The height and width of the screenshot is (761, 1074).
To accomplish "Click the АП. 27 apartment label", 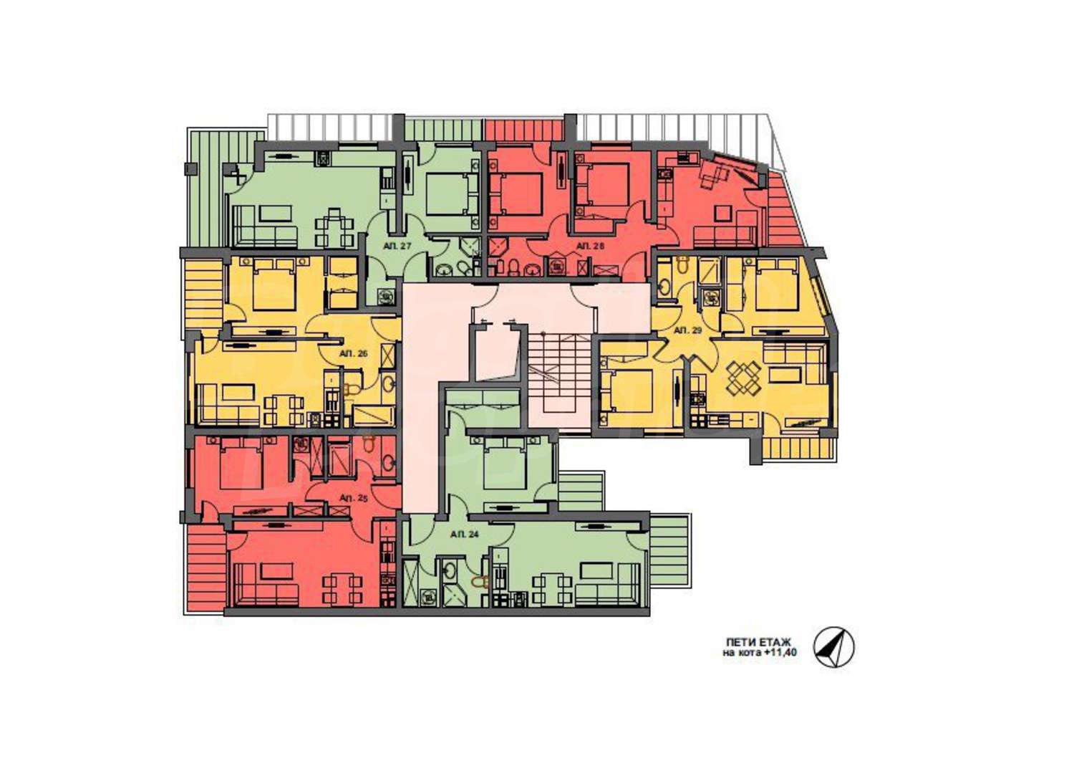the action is click(397, 247).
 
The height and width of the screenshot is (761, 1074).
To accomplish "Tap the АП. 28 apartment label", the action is click(589, 245).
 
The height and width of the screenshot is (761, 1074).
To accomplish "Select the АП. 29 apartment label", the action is click(688, 330).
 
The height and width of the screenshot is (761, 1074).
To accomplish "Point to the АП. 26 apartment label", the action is click(354, 354).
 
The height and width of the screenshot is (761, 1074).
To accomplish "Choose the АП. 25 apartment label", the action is click(354, 499).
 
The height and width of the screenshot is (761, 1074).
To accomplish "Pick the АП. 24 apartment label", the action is click(465, 534).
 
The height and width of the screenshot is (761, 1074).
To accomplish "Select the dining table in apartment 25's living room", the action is click(341, 589).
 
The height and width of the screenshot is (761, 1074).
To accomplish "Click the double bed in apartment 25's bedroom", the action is click(242, 464).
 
